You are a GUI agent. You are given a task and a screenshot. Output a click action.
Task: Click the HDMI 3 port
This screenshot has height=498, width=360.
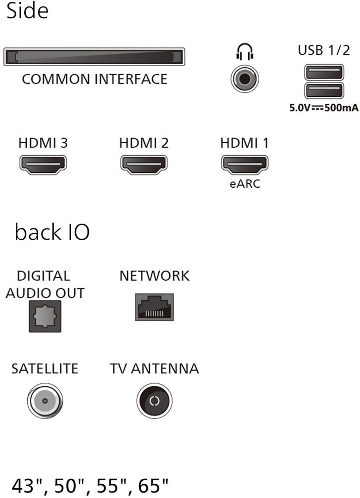43,165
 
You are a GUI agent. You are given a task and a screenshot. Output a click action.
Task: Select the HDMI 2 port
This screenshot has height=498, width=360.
144,165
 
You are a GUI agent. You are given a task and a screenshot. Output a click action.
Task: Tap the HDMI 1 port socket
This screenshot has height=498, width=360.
245,165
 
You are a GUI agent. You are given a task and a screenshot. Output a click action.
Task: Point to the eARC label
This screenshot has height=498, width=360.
245,184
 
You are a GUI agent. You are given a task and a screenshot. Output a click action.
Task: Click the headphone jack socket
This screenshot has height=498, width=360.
245,79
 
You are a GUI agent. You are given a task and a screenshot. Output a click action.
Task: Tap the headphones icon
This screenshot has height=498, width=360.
245,52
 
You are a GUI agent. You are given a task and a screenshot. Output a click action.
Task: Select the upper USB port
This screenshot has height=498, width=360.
324,73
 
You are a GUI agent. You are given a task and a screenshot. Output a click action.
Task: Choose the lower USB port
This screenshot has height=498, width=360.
324,91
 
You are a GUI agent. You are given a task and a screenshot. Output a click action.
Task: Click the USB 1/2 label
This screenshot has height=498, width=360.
324,50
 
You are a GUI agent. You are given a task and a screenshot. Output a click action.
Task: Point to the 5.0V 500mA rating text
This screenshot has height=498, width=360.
324,108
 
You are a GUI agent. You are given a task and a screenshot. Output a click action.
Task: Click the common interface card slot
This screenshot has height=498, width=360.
94,57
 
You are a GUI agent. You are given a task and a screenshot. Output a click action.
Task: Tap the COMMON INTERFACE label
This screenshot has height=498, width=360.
94,79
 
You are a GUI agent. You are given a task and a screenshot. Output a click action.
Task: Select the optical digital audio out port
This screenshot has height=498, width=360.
45,317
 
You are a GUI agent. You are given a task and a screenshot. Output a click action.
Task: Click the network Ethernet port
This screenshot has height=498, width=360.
155,307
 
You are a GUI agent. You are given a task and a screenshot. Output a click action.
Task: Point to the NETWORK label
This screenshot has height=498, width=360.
155,276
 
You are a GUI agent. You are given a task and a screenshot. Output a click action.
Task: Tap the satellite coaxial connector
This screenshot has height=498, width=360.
45,401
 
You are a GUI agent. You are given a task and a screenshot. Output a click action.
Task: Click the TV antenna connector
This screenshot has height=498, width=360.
154,401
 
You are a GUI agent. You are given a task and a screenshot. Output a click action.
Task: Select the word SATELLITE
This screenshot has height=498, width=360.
45,369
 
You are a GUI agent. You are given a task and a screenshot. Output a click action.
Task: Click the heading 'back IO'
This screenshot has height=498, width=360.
52,232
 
